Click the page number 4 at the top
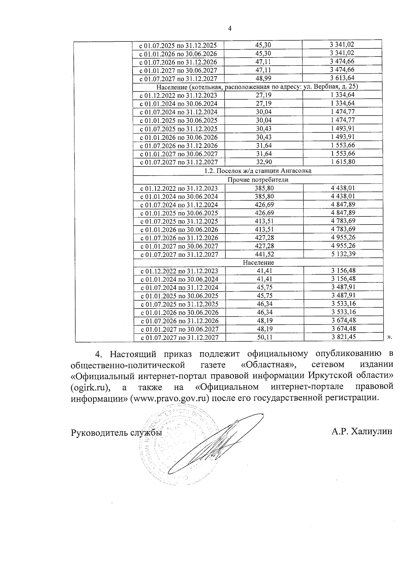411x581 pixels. coord(230,29)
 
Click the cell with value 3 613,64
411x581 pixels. coord(342,78)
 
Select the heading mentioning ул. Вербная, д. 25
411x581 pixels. coord(257,86)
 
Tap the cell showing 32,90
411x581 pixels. coord(264,162)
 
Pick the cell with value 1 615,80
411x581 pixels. coord(342,162)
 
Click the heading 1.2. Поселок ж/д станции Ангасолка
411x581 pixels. coord(258,170)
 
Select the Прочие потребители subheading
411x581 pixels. coord(258,179)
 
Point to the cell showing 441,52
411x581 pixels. coord(264,254)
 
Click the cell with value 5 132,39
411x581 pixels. coord(343,254)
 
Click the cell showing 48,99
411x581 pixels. coord(264,78)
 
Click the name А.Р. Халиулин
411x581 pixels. coord(361,432)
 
